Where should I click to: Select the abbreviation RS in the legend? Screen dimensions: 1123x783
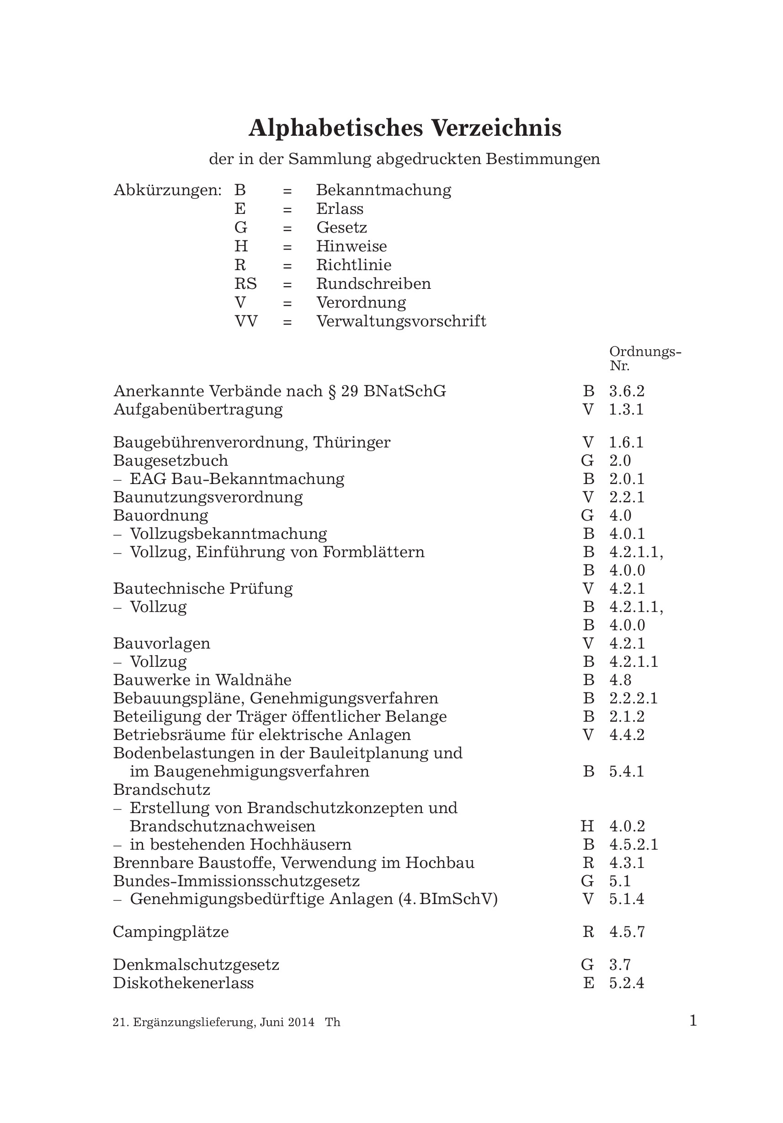click(x=245, y=284)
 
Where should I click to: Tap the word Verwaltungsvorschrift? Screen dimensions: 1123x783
click(x=401, y=321)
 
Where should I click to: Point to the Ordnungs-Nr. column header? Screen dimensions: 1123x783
click(x=645, y=358)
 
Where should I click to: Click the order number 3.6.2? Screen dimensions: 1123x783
click(x=627, y=391)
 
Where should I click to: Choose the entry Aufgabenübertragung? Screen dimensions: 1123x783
click(x=198, y=410)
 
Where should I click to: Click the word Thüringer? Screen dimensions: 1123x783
click(x=352, y=442)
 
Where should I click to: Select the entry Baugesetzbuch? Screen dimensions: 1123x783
click(x=170, y=461)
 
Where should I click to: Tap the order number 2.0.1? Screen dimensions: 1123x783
click(x=627, y=479)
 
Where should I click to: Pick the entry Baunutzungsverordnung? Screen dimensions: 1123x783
click(x=208, y=497)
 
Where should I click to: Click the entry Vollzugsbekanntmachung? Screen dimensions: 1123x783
click(x=229, y=534)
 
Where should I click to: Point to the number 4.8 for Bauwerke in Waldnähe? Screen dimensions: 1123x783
click(x=620, y=680)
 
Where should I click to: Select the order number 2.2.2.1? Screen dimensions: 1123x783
click(x=634, y=698)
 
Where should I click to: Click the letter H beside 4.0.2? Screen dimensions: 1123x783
click(x=587, y=826)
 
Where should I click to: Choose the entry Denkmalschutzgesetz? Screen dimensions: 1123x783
click(x=196, y=965)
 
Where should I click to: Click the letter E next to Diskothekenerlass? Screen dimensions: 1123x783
click(x=588, y=983)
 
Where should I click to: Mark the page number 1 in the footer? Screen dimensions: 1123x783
click(x=692, y=1021)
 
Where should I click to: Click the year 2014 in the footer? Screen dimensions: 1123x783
click(x=301, y=1022)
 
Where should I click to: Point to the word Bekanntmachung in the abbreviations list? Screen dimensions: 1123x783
click(x=384, y=190)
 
